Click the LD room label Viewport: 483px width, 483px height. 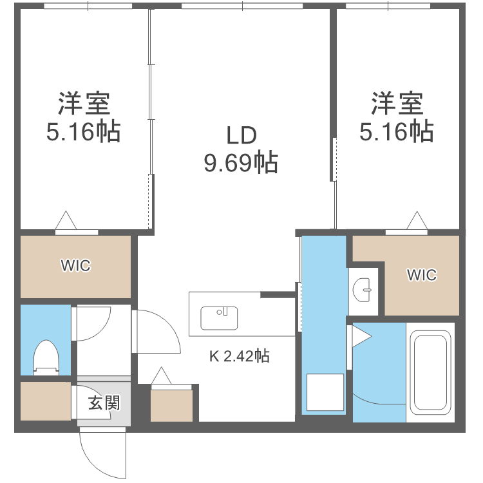click(x=241, y=135)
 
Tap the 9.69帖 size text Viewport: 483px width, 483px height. click(x=241, y=162)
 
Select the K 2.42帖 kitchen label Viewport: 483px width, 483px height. click(x=239, y=355)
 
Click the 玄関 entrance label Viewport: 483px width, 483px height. click(x=103, y=404)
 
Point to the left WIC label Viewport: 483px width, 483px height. click(x=75, y=265)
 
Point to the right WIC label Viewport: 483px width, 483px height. click(x=421, y=275)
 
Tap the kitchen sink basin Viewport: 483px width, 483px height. click(x=219, y=317)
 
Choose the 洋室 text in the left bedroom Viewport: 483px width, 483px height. click(x=83, y=103)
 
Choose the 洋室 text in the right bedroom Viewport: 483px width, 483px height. click(x=396, y=103)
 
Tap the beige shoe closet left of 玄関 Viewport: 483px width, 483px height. click(x=45, y=402)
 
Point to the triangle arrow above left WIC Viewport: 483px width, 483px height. click(x=66, y=221)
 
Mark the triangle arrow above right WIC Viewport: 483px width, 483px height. click(x=417, y=221)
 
